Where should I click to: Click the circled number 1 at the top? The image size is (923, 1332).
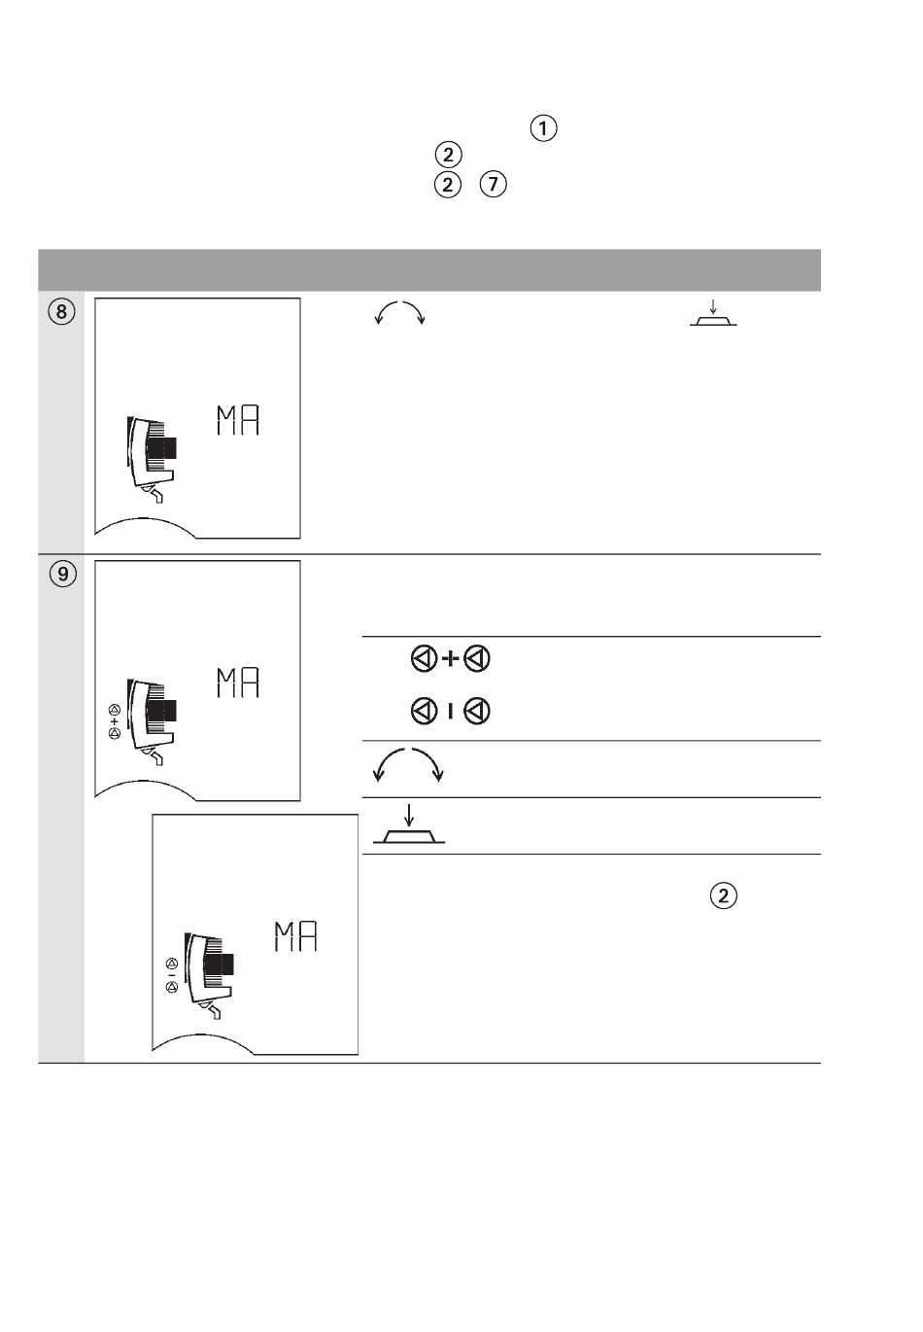[542, 128]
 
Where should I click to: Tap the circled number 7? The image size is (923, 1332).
[493, 185]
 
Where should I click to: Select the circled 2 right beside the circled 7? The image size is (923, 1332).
[448, 185]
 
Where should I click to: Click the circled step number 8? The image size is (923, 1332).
[61, 311]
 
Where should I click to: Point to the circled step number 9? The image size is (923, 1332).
[62, 574]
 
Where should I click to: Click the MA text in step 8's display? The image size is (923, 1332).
[238, 420]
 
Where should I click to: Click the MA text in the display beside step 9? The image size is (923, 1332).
[238, 683]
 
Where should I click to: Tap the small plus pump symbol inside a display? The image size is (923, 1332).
[115, 721]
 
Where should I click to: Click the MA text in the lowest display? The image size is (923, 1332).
[295, 936]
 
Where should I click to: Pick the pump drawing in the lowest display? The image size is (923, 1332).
[209, 975]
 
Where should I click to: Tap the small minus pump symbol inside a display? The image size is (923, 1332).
[172, 975]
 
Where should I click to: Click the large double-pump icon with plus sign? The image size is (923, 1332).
[451, 659]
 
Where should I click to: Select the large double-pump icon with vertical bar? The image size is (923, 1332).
[451, 711]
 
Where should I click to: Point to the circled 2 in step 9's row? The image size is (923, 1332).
[723, 895]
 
